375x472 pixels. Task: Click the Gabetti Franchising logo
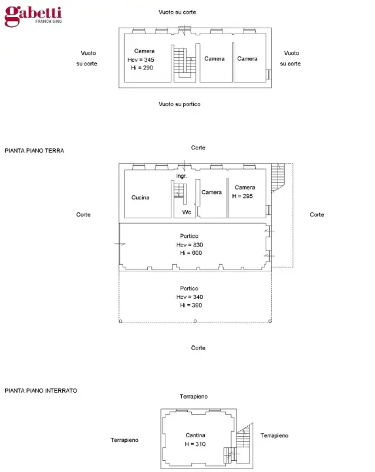pos(33,16)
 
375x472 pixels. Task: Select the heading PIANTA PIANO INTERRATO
pos(41,390)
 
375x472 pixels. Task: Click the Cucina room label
pos(140,197)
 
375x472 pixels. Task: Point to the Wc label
pos(186,212)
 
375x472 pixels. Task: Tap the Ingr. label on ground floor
pos(182,176)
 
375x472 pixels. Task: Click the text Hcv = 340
pos(189,297)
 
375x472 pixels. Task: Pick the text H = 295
pos(245,196)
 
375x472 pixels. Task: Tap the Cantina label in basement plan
pos(195,435)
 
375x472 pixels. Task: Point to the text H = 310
pos(195,444)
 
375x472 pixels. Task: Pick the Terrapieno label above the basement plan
pos(194,397)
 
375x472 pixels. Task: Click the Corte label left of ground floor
pos(83,215)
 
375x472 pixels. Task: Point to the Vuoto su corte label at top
pos(177,12)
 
